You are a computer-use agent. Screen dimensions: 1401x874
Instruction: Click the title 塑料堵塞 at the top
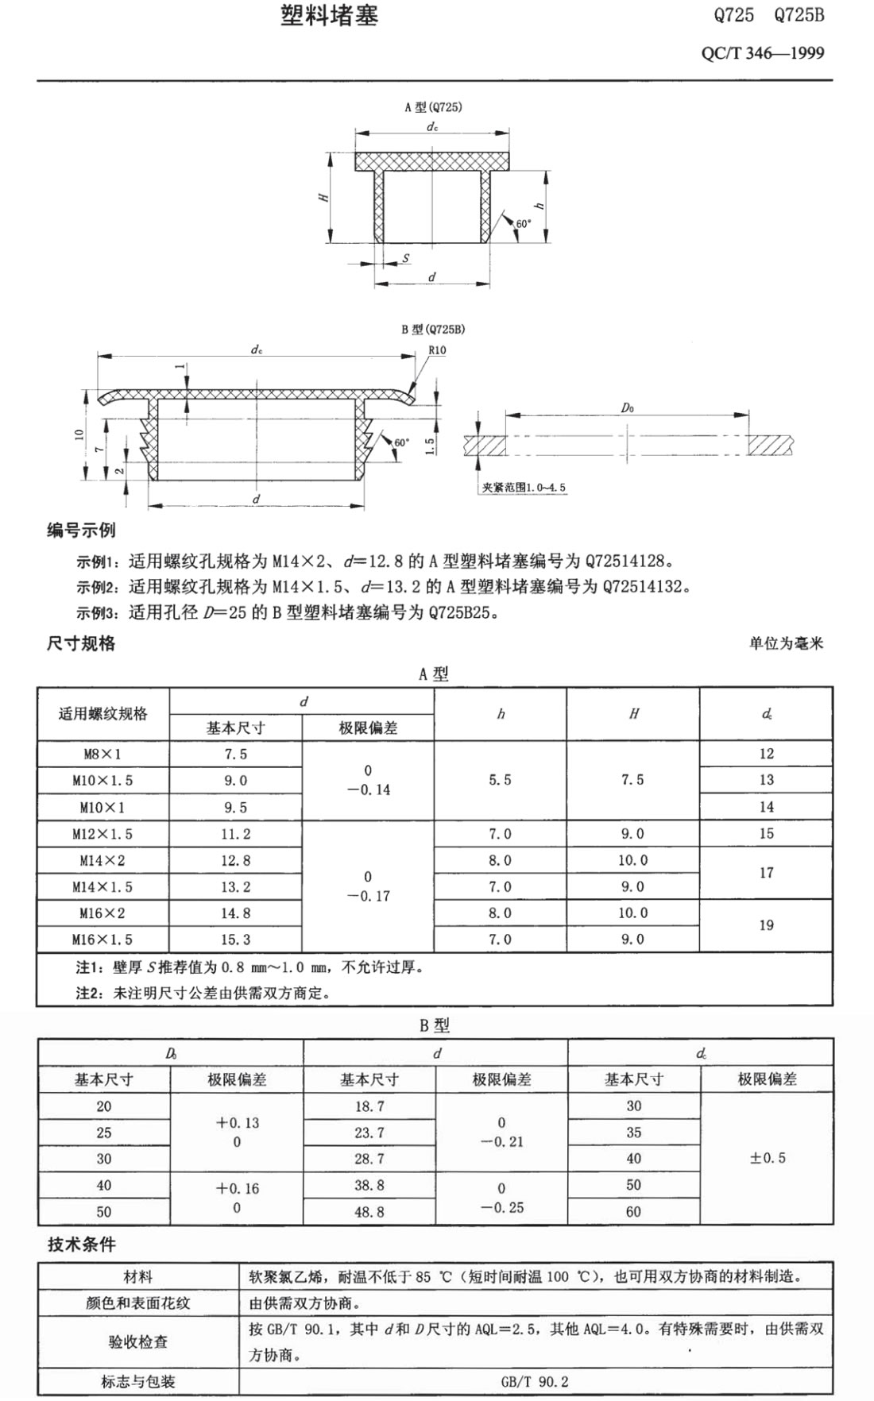[x=329, y=16]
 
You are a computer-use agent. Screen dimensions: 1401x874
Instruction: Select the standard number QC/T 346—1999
[x=762, y=53]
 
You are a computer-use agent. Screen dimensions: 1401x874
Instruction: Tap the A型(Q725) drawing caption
[x=432, y=107]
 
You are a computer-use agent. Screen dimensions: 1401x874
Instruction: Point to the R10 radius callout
[x=437, y=350]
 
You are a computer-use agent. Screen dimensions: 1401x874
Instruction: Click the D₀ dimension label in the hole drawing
[x=627, y=407]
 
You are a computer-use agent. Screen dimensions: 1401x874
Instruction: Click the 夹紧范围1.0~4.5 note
[x=524, y=487]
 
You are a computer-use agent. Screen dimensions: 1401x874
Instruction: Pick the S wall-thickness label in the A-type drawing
[x=405, y=258]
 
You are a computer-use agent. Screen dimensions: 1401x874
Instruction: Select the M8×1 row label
[x=102, y=754]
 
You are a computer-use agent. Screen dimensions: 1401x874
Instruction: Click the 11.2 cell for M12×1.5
[x=235, y=834]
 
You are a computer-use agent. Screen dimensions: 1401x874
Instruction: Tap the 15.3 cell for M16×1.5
[x=235, y=940]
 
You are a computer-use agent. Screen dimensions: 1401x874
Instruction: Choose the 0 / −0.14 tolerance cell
[x=368, y=780]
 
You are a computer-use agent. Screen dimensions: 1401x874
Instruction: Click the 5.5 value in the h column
[x=500, y=780]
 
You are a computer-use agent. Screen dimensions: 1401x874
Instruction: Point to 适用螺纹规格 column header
[x=102, y=713]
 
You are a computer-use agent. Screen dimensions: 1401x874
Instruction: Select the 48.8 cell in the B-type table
[x=369, y=1212]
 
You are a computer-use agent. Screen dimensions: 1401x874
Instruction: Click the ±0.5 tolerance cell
[x=767, y=1158]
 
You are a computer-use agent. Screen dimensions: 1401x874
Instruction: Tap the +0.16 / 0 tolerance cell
[x=237, y=1198]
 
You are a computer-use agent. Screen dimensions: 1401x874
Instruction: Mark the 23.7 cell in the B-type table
[x=369, y=1133]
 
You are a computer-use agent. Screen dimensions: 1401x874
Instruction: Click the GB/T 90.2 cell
[x=535, y=1381]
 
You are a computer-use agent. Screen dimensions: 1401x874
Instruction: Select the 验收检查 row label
[x=138, y=1341]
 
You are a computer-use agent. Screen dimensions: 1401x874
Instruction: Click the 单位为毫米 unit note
[x=786, y=643]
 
